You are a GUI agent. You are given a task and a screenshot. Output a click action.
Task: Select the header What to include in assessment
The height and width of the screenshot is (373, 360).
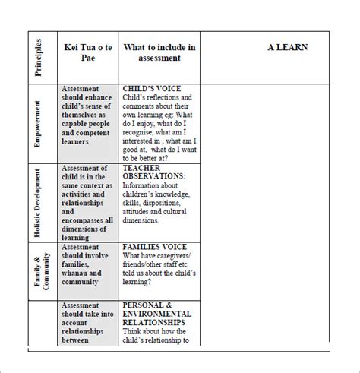click(159, 52)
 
